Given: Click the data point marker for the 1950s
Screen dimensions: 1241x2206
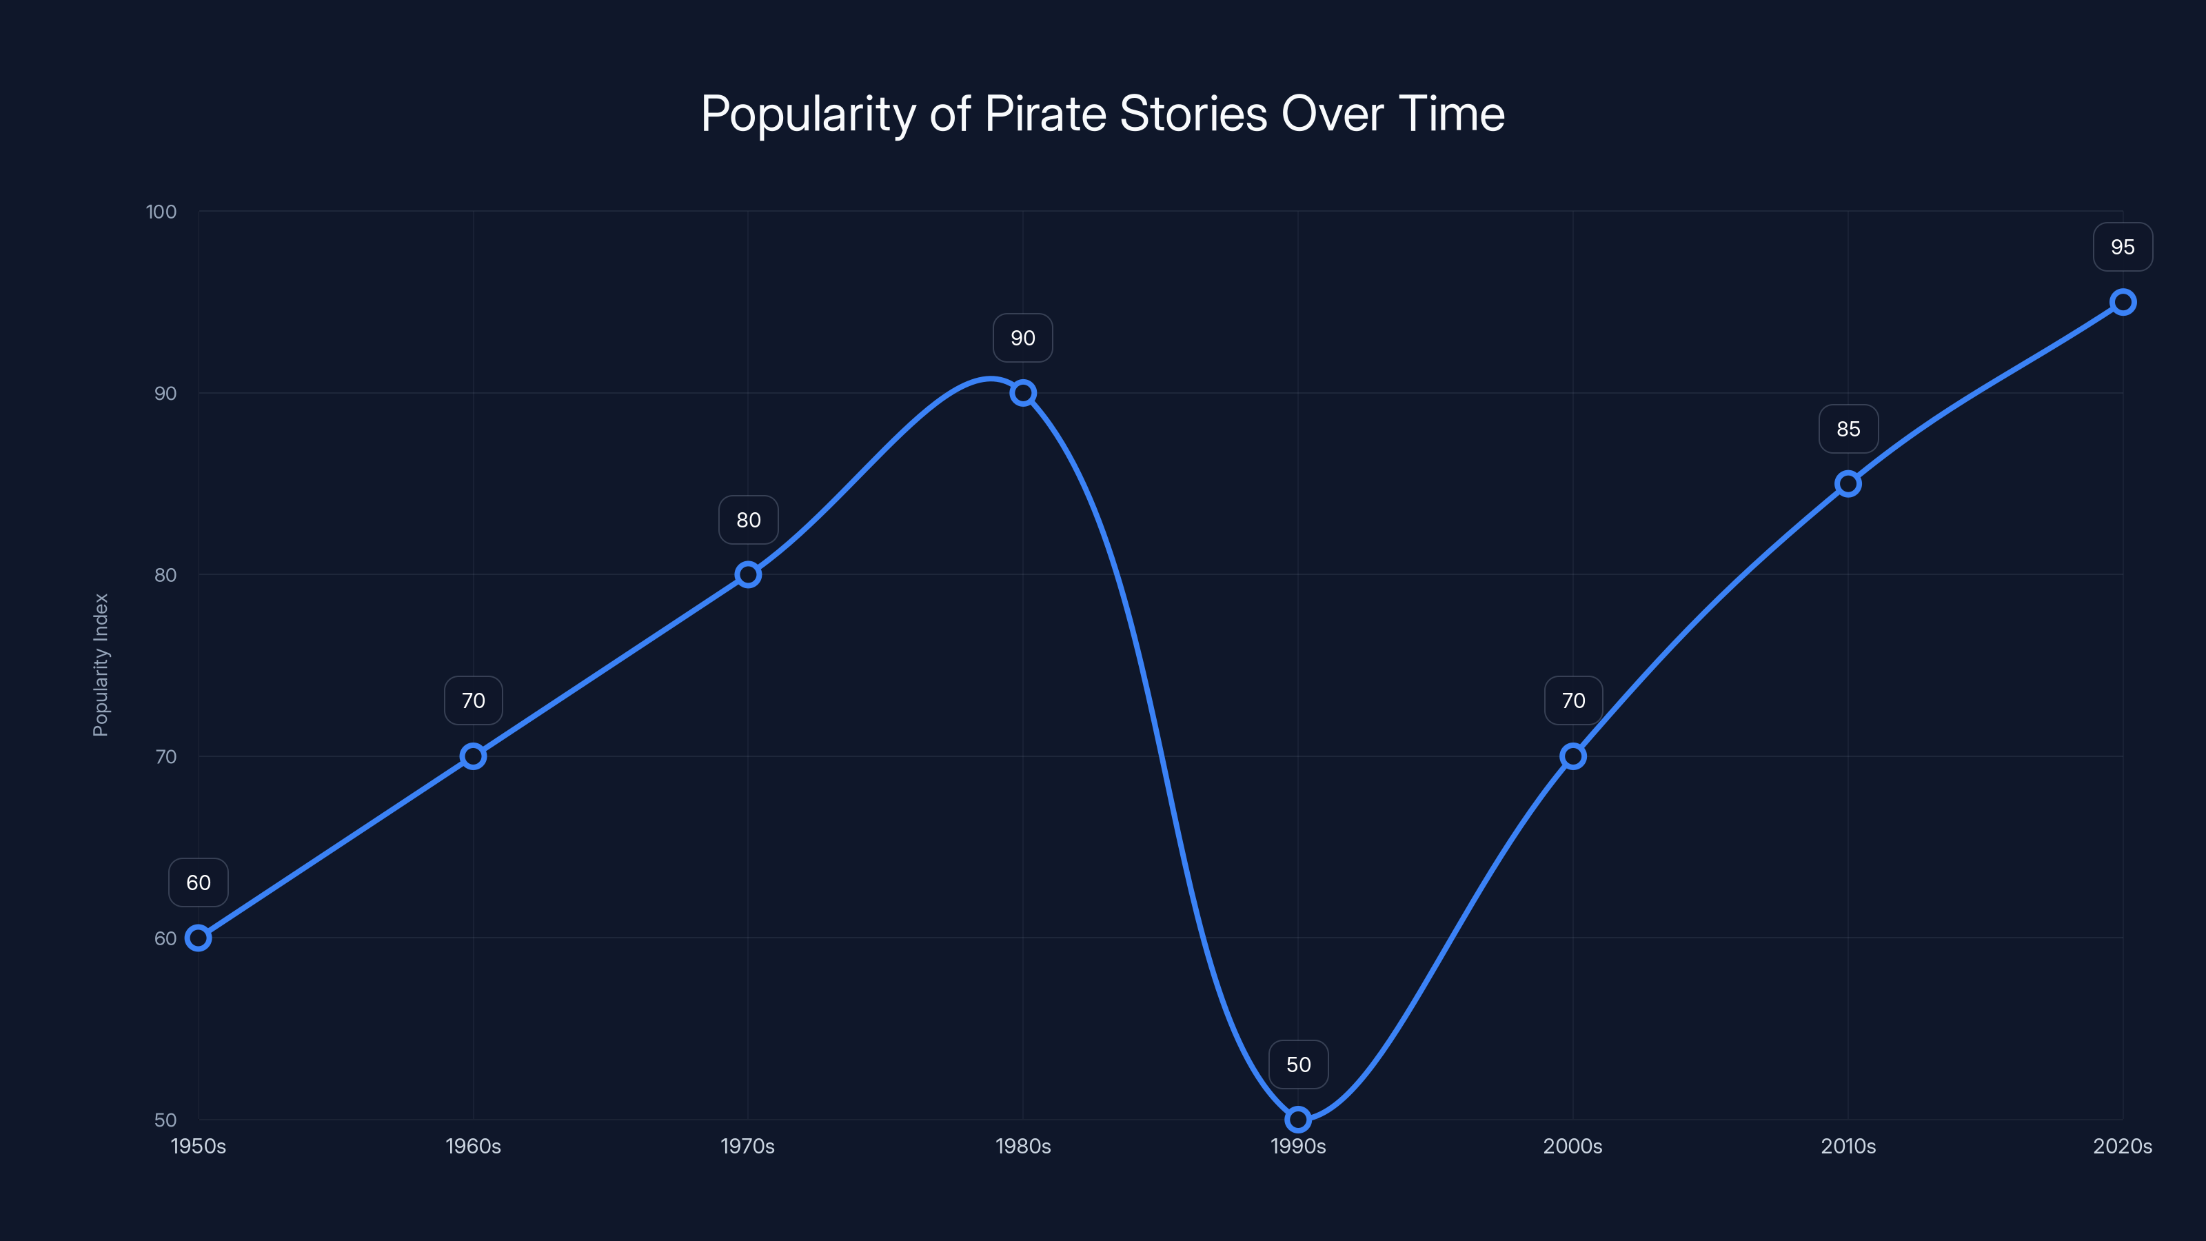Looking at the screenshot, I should (x=199, y=938).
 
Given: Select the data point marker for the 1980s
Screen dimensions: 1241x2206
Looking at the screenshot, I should (x=1022, y=393).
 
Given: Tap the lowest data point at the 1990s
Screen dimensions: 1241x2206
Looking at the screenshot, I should (x=1298, y=1120).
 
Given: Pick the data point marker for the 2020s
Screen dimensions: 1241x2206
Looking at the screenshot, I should (x=2123, y=303).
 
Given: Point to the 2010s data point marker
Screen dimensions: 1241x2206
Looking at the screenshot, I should (x=1848, y=484).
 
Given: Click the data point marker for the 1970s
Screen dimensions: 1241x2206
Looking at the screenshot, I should (x=747, y=575).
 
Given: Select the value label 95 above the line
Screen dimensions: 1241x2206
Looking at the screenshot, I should (x=2123, y=248).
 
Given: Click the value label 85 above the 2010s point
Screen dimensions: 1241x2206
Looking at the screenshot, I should (x=1848, y=429).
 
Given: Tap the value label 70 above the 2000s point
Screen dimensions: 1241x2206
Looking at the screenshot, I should (x=1573, y=700).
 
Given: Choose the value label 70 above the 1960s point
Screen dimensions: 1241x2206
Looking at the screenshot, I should (x=474, y=700).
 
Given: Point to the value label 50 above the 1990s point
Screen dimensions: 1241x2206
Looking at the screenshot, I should (x=1298, y=1065).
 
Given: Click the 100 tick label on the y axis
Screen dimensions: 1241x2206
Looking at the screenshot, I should (x=161, y=212).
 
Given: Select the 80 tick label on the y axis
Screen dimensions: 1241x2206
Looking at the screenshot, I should (x=165, y=575).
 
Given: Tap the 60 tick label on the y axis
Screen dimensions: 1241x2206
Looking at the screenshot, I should (x=165, y=938).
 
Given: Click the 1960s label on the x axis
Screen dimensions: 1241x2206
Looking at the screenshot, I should (x=474, y=1146).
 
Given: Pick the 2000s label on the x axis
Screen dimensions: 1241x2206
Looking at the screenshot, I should (x=1572, y=1146).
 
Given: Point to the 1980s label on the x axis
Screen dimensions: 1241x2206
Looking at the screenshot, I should (x=1022, y=1146).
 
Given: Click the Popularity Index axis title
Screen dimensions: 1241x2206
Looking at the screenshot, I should (x=101, y=665).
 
